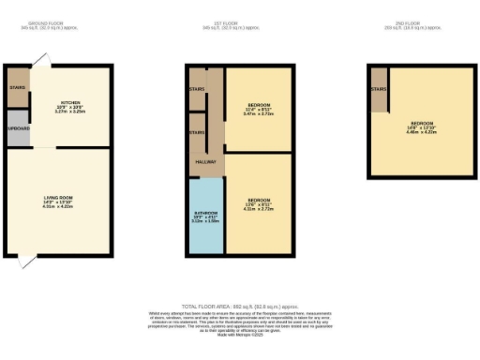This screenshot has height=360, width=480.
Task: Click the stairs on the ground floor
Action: click(x=18, y=88)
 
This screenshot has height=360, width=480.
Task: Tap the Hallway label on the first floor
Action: click(x=206, y=161)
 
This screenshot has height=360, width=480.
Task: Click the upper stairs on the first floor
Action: click(x=197, y=89)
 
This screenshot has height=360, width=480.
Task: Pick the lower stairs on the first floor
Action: click(x=197, y=133)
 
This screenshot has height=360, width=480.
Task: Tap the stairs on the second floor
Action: click(x=378, y=90)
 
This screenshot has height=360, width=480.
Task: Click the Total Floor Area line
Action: click(x=241, y=306)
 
